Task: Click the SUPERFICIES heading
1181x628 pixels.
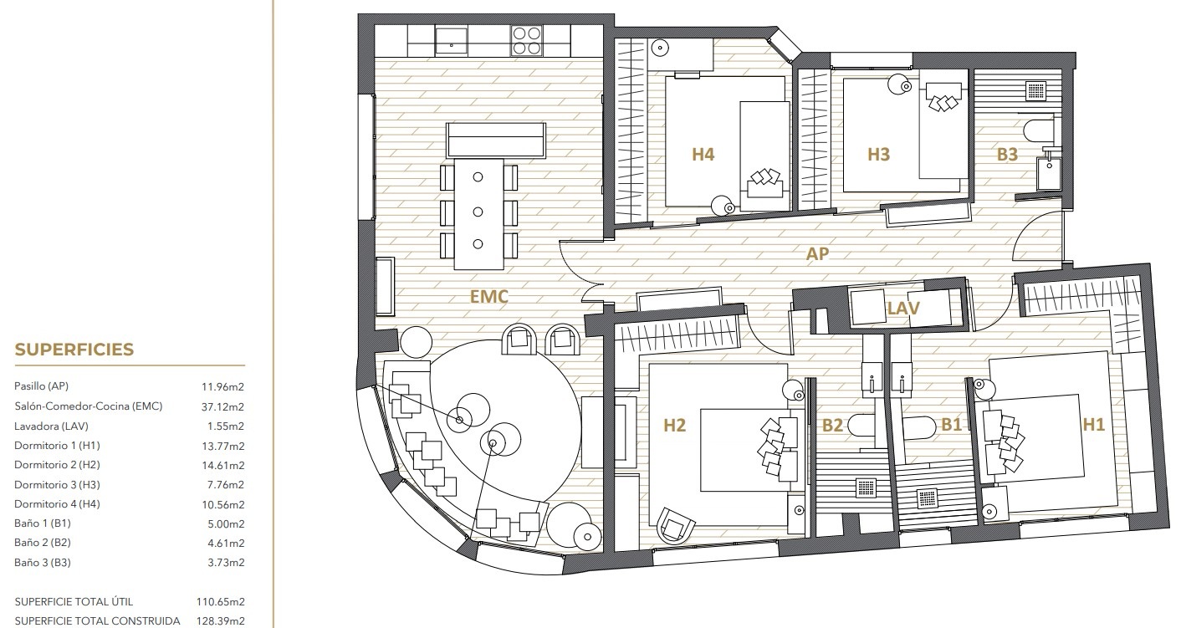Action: (x=74, y=350)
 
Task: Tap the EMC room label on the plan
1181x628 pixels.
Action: (x=488, y=296)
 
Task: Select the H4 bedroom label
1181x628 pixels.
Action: (x=703, y=154)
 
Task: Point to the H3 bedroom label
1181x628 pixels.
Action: (x=878, y=154)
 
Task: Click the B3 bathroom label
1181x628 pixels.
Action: (x=1007, y=155)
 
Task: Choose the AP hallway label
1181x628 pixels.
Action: (x=817, y=254)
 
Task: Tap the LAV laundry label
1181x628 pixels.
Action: (x=903, y=308)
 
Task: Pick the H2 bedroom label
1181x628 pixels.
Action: (x=674, y=425)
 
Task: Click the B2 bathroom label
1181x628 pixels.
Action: (x=832, y=425)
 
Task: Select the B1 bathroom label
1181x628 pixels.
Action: (x=952, y=425)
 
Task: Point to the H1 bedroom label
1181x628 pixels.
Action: (x=1093, y=425)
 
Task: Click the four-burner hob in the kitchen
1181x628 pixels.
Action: (x=527, y=41)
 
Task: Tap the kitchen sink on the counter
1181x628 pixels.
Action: (x=451, y=41)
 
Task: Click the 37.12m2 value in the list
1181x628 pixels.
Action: (x=222, y=406)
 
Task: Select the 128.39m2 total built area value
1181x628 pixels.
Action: (x=220, y=621)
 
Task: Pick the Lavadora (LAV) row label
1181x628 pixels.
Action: (x=51, y=426)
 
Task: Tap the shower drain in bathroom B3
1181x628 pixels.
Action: (x=1036, y=90)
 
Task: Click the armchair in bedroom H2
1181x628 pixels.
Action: (x=675, y=524)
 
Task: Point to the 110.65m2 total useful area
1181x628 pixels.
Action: (x=220, y=601)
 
